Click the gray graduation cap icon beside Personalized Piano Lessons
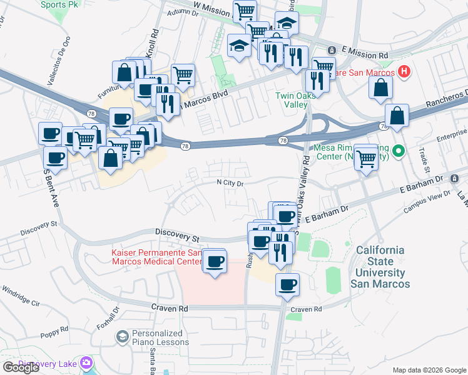click(122, 337)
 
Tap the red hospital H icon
click(404, 72)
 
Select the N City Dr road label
click(229, 183)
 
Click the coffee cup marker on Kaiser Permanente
click(215, 261)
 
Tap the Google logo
click(21, 367)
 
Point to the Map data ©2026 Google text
click(429, 370)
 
